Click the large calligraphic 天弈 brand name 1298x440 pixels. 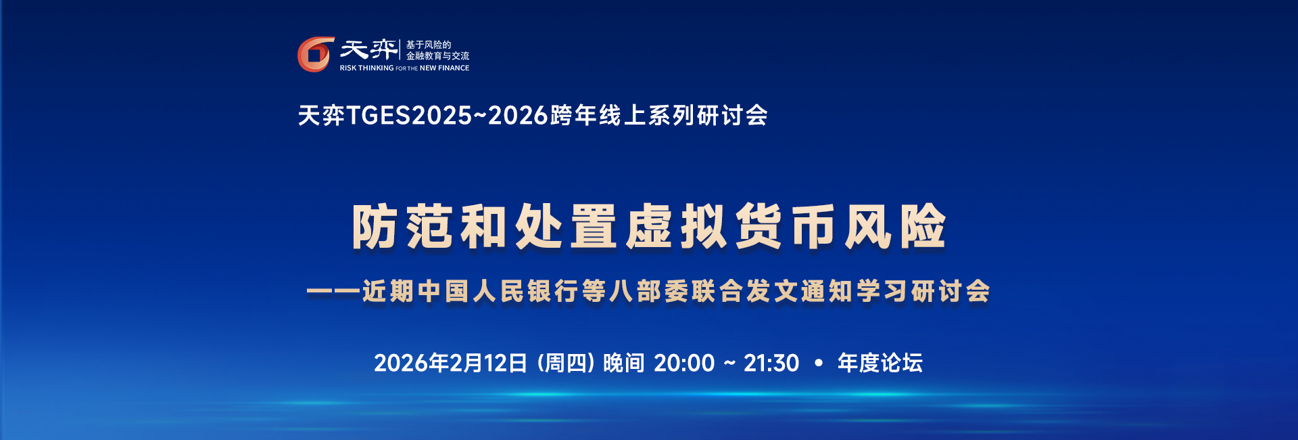368,49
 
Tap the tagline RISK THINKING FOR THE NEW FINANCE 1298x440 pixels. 404,68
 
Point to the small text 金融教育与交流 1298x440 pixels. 437,56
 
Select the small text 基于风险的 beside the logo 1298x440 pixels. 429,45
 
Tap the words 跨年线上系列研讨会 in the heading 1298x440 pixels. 659,116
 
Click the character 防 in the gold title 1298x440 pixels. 374,227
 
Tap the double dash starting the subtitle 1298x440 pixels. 333,292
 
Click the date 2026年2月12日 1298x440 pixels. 450,364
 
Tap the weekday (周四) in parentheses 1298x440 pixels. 566,364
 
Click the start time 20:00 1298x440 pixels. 684,364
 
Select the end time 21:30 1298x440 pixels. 771,364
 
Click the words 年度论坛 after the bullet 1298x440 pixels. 880,364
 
